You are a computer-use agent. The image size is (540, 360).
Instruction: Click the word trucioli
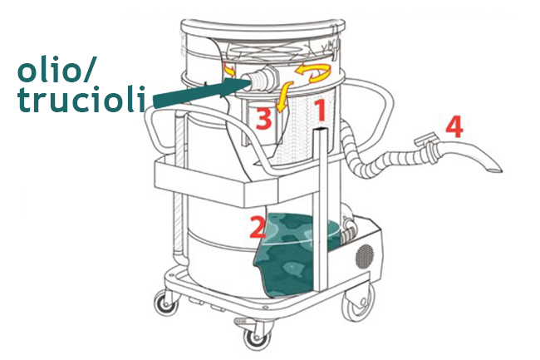pyautogui.click(x=81, y=99)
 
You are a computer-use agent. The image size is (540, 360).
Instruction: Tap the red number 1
pyautogui.click(x=321, y=111)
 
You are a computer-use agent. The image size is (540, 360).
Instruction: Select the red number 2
pyautogui.click(x=258, y=227)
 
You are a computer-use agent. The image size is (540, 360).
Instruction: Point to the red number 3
pyautogui.click(x=264, y=119)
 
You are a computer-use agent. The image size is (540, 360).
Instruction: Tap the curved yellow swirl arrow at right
pyautogui.click(x=312, y=72)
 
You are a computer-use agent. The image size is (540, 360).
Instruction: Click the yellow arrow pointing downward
pyautogui.click(x=284, y=96)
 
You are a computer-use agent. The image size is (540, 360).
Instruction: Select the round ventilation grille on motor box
pyautogui.click(x=365, y=257)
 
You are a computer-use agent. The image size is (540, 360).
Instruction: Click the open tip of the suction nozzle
pyautogui.click(x=495, y=170)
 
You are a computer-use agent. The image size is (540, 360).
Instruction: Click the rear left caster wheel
pyautogui.click(x=165, y=303)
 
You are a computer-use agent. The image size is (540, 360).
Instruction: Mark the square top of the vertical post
pyautogui.click(x=320, y=131)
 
